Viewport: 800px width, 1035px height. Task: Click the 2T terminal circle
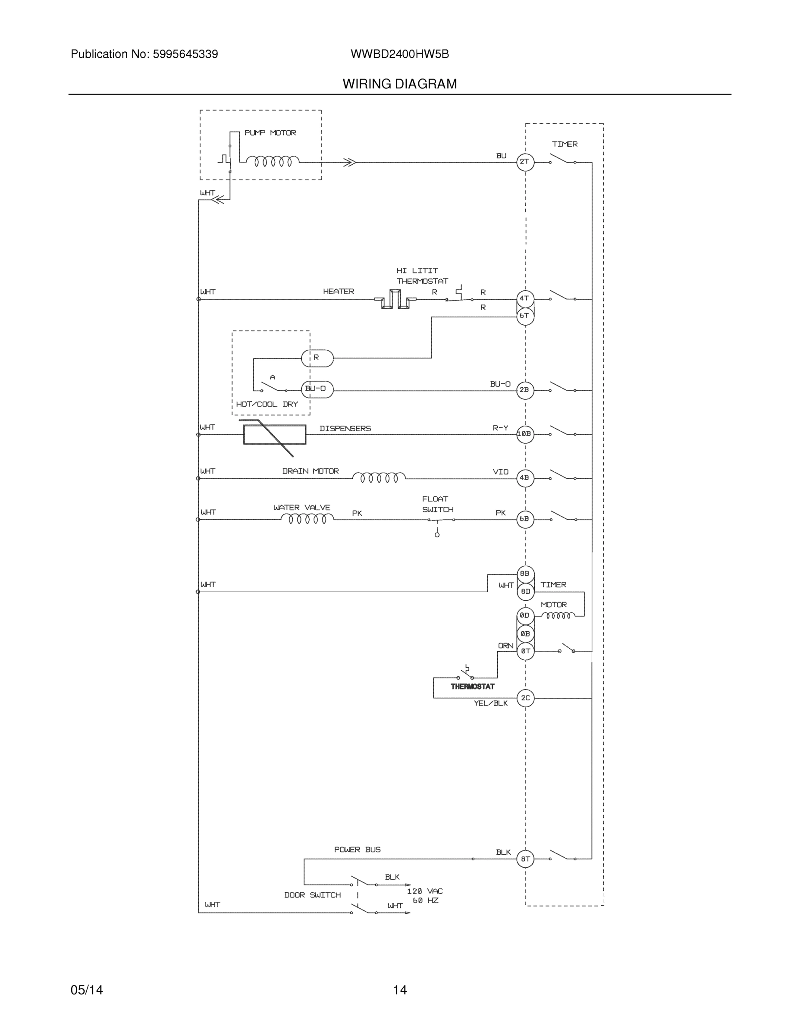pyautogui.click(x=525, y=162)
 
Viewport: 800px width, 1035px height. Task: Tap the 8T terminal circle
pyautogui.click(x=525, y=859)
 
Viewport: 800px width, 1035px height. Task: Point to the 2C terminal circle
pyautogui.click(x=525, y=698)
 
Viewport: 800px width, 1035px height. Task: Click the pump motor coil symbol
pyautogui.click(x=273, y=162)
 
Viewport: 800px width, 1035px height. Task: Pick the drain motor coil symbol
pyautogui.click(x=379, y=478)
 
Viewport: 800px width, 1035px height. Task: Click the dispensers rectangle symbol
pyautogui.click(x=274, y=435)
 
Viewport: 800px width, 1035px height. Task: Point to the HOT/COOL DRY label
pyautogui.click(x=267, y=404)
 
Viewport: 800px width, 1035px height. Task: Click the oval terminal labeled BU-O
pyautogui.click(x=317, y=389)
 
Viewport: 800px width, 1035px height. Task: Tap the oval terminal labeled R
pyautogui.click(x=317, y=358)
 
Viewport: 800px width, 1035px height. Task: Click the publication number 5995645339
pyautogui.click(x=185, y=54)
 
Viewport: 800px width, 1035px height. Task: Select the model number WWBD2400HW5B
pyautogui.click(x=399, y=54)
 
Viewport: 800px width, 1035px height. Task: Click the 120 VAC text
pyautogui.click(x=425, y=891)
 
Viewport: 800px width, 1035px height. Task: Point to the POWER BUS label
pyautogui.click(x=358, y=850)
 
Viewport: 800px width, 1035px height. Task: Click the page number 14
pyautogui.click(x=399, y=990)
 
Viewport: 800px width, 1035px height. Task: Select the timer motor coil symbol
pyautogui.click(x=558, y=615)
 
